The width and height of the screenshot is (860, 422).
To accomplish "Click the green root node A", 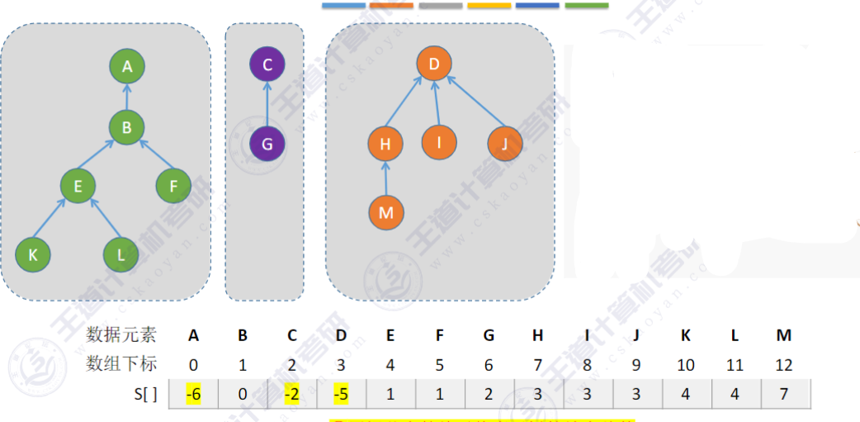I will pyautogui.click(x=127, y=66).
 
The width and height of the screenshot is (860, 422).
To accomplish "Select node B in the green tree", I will pyautogui.click(x=127, y=127).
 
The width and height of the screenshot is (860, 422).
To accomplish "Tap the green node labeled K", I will pyautogui.click(x=33, y=254).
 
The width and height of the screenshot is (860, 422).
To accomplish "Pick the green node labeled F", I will pyautogui.click(x=173, y=186).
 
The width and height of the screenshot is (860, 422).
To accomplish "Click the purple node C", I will pyautogui.click(x=267, y=64).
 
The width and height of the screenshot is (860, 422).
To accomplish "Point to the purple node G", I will pyautogui.click(x=267, y=144).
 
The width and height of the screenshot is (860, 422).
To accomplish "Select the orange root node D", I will pyautogui.click(x=434, y=63).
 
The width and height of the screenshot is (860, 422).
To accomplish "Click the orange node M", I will pyautogui.click(x=385, y=212).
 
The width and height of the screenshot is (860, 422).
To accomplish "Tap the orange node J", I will pyautogui.click(x=504, y=144).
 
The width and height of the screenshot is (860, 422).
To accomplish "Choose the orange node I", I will pyautogui.click(x=439, y=142).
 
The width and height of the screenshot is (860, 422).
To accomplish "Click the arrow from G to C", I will pyautogui.click(x=267, y=104).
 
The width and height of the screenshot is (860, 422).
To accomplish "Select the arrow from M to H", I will pyautogui.click(x=385, y=178).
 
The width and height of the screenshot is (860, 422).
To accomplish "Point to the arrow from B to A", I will pyautogui.click(x=127, y=97).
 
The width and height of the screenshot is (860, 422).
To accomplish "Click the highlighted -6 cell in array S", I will pyautogui.click(x=193, y=394).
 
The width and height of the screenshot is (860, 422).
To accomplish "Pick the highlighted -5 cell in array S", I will pyautogui.click(x=341, y=394).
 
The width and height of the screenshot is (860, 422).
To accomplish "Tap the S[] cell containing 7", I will pyautogui.click(x=785, y=394).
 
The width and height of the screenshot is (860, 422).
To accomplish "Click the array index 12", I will pyautogui.click(x=784, y=363).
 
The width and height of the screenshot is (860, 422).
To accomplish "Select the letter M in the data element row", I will pyautogui.click(x=784, y=334).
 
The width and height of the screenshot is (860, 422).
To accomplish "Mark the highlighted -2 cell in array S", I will pyautogui.click(x=291, y=394).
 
